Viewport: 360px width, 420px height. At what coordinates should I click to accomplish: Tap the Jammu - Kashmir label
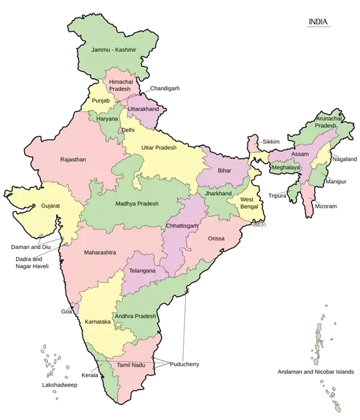tap(114, 50)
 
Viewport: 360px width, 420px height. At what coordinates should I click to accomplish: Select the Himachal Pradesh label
tap(121, 85)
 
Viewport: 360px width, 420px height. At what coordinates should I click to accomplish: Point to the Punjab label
tap(100, 101)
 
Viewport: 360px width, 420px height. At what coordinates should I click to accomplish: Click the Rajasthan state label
tap(73, 160)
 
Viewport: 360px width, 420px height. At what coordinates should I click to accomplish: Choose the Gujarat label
tap(50, 206)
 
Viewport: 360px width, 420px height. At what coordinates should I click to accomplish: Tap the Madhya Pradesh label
tap(137, 204)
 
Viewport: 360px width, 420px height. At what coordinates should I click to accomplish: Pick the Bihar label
tap(224, 171)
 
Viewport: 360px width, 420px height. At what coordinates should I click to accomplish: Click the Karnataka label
tap(98, 321)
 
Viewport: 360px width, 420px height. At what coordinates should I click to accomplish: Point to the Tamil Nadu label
tap(130, 366)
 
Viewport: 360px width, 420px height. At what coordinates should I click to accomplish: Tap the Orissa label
tap(216, 238)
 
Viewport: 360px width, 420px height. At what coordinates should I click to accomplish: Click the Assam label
tap(300, 154)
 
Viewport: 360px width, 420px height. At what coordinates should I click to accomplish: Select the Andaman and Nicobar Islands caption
tap(315, 371)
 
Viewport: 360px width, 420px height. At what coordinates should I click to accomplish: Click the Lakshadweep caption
tap(59, 385)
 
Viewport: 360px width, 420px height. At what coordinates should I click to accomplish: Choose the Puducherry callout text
tap(184, 364)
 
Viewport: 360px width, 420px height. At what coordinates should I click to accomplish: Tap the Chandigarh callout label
tap(164, 88)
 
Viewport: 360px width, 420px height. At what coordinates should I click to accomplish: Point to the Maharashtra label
tap(100, 253)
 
